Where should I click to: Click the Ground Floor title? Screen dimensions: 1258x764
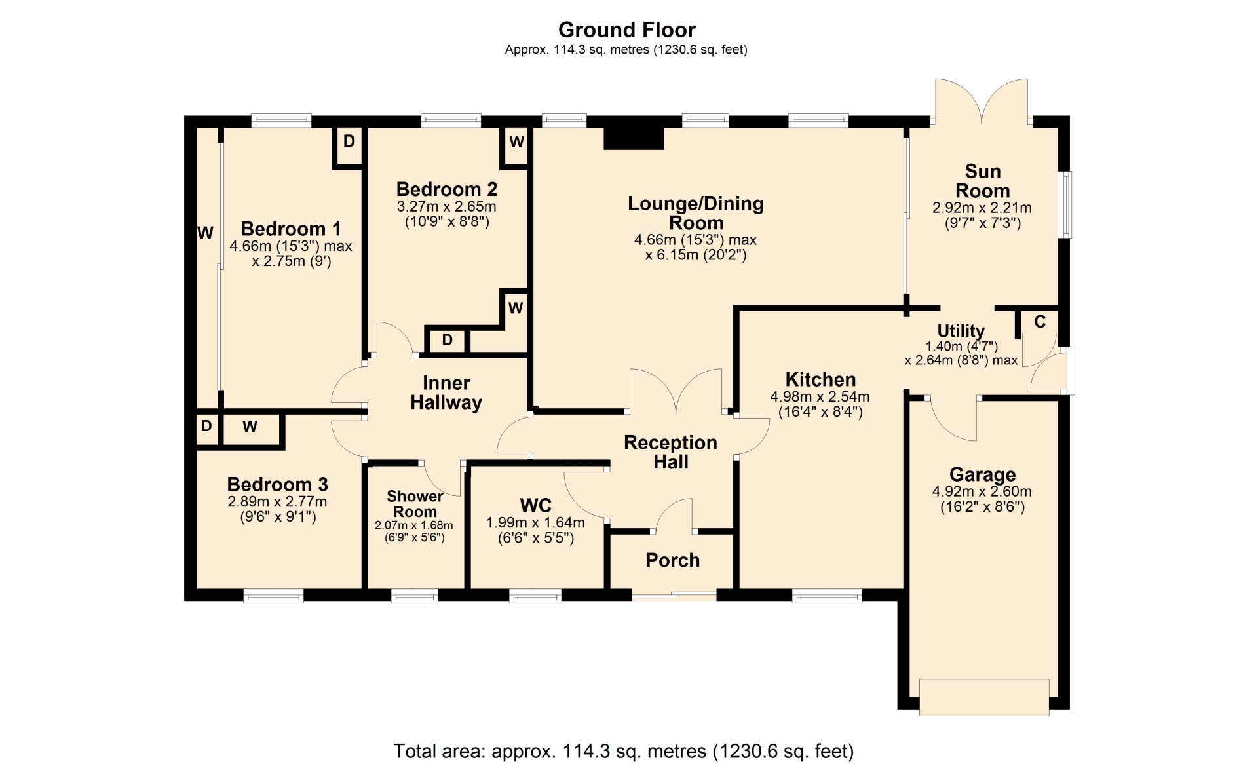click(626, 29)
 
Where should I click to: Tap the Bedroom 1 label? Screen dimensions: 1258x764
click(291, 229)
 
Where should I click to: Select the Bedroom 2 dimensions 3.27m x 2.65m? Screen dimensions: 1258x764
click(446, 207)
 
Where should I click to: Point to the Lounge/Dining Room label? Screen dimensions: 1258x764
click(696, 213)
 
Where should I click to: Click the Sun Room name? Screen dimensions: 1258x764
click(982, 181)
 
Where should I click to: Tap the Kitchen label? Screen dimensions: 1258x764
click(820, 379)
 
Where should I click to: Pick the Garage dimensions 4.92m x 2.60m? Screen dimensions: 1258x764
click(982, 491)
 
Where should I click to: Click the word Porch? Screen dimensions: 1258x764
click(673, 560)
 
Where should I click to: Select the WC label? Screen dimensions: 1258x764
click(536, 505)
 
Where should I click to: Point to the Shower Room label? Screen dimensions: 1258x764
click(415, 504)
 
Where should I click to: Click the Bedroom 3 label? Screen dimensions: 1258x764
click(277, 484)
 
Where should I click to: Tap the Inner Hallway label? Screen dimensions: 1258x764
click(446, 392)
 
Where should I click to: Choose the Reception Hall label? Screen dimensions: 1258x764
click(670, 452)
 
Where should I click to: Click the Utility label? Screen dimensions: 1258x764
click(961, 331)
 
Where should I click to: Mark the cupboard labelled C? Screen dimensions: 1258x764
click(1040, 327)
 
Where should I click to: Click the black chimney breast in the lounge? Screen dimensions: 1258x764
click(634, 138)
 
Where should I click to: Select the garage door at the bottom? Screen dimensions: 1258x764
click(984, 697)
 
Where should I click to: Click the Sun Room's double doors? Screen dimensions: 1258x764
click(982, 101)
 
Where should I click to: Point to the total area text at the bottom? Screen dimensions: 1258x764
click(623, 751)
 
